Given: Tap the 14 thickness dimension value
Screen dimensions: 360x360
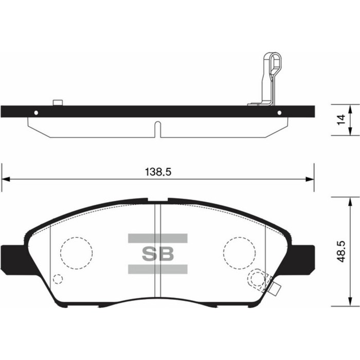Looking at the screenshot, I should [x=339, y=120].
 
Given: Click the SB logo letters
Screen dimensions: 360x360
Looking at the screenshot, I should [x=157, y=253].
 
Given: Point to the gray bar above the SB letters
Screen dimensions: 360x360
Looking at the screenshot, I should [x=157, y=238].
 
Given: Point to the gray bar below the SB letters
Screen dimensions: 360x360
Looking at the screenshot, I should [x=157, y=268].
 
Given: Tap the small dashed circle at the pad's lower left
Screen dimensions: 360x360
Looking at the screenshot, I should [x=58, y=279].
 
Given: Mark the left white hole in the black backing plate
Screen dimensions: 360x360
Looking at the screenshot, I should [x=35, y=112].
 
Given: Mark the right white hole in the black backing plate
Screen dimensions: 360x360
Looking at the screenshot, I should [x=279, y=112].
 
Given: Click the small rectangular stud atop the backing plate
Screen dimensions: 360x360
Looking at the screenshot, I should [x=58, y=102].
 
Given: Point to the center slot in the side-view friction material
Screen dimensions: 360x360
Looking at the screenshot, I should [x=158, y=129].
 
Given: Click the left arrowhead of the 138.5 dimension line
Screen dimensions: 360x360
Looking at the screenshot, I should [x=5, y=179].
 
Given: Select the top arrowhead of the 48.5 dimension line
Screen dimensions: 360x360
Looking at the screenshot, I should [x=352, y=200].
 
